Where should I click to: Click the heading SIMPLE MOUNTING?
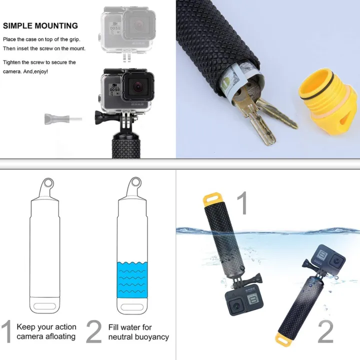[x=40, y=26]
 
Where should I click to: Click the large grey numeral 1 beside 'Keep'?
[x=6, y=332]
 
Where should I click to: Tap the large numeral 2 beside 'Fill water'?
[x=93, y=332]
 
